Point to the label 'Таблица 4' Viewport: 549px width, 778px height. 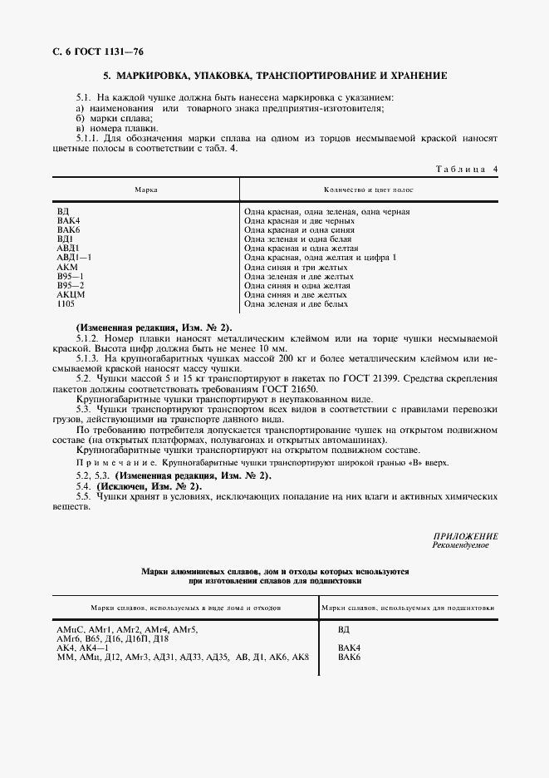coord(466,170)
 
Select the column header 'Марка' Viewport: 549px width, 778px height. coord(146,190)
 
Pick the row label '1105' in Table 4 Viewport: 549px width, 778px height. coord(66,303)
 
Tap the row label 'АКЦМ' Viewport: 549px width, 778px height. coord(71,294)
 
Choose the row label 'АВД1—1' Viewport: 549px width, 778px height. coord(73,258)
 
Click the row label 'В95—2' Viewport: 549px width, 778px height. coord(71,285)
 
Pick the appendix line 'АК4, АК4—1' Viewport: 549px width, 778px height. coord(83,648)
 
